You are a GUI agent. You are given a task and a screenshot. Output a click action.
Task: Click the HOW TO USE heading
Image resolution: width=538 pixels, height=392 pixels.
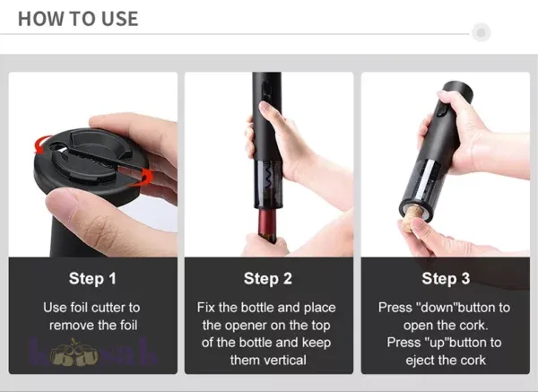[78, 18]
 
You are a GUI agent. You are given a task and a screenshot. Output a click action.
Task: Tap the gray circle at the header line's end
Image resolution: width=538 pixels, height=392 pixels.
[482, 33]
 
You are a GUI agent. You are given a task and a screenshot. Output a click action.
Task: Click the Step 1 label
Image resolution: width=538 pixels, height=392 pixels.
[92, 278]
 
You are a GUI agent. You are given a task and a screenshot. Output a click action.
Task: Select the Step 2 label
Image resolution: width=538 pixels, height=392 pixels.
[267, 278]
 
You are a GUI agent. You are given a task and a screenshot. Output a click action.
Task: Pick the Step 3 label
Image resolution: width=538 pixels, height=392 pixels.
[445, 278]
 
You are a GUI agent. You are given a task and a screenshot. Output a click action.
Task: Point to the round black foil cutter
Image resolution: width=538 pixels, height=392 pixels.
[99, 166]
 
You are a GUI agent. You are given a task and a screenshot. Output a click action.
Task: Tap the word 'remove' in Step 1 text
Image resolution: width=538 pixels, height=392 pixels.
[73, 325]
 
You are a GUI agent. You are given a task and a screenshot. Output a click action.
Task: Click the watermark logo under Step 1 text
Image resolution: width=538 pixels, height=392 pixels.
[94, 353]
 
